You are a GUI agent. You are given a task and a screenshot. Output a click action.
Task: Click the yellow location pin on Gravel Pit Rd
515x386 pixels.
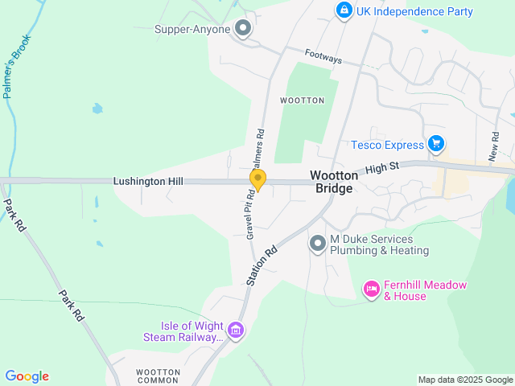[x=257, y=179]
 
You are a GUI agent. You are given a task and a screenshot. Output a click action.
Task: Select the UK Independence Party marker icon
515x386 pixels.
[x=344, y=10]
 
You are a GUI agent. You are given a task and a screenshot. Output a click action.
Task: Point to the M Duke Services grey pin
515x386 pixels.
[x=318, y=243]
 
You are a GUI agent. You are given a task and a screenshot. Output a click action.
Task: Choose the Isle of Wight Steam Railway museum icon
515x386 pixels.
[x=236, y=330]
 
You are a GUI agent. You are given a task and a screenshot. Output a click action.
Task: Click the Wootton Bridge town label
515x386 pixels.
[x=331, y=180]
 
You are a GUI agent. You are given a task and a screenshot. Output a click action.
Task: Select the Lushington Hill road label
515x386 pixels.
[x=148, y=183]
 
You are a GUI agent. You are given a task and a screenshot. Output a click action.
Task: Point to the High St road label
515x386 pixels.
[x=383, y=170]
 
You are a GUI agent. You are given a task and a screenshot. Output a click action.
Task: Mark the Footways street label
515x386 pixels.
[x=323, y=57]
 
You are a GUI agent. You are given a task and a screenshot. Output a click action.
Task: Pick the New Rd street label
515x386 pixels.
[x=493, y=145]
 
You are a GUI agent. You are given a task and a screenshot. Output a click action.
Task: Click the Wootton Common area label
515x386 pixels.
[x=157, y=376]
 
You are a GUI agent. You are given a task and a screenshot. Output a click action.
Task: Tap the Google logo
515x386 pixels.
[x=27, y=376]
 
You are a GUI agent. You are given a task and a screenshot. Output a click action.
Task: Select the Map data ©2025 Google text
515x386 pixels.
[x=464, y=380]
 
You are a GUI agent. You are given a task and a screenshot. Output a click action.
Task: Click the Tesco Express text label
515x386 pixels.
[x=387, y=146]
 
